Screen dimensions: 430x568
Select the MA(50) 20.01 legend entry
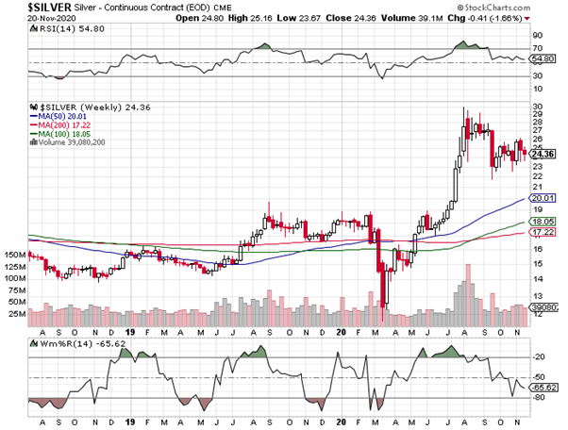click(59, 117)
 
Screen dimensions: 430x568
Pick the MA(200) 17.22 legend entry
click(61, 125)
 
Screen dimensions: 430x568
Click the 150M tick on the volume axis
click(13, 256)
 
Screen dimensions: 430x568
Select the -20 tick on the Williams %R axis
click(540, 357)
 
